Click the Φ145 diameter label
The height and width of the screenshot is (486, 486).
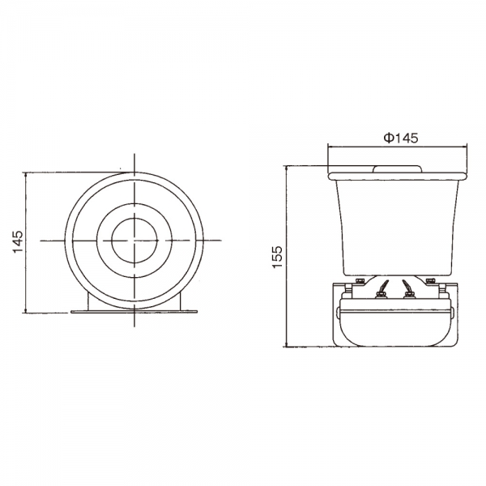point(401,138)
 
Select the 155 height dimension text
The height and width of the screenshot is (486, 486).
point(278,257)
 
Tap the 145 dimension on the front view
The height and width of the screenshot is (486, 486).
point(18,241)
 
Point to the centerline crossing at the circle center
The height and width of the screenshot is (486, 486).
point(134,241)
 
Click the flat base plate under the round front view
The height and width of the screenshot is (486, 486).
point(134,311)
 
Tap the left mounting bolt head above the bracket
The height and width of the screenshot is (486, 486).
point(360,280)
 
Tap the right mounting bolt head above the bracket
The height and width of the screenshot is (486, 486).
point(430,280)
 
